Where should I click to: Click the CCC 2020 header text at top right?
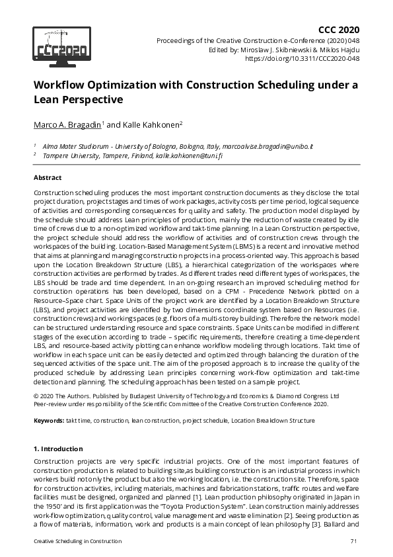coord(339,30)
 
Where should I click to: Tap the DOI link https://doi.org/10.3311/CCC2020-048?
coord(303,58)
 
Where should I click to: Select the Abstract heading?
coord(48,177)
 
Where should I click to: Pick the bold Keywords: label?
coord(50,420)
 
